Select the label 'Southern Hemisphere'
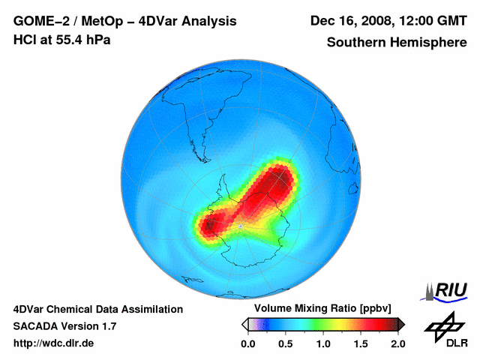[396, 43]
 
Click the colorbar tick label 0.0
[248, 343]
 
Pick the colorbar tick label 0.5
[286, 343]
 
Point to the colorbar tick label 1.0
[323, 343]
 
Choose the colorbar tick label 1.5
[361, 343]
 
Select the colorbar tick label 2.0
[397, 343]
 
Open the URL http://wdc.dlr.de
[55, 343]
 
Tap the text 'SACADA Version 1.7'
[64, 326]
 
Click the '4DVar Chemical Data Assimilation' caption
[98, 309]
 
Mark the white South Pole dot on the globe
[239, 224]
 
